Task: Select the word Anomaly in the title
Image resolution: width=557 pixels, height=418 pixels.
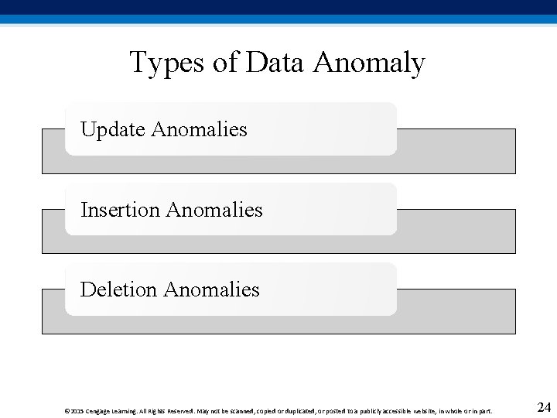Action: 369,63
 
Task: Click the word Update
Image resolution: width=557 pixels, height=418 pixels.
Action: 113,129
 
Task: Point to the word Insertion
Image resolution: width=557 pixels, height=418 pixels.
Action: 120,210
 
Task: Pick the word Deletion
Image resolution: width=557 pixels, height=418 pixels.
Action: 118,290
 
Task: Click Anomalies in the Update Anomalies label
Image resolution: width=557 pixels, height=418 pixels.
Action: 199,129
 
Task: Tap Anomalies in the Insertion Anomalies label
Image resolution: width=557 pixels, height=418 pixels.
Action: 214,210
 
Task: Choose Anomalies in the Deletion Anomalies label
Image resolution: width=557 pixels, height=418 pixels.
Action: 211,290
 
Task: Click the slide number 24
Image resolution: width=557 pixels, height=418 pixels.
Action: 544,407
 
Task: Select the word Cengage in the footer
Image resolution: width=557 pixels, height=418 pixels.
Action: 98,411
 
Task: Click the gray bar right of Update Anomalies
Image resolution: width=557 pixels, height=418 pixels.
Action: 456,151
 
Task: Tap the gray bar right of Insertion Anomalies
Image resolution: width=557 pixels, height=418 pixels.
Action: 456,231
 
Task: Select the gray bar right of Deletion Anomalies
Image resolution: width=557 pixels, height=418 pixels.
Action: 456,311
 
